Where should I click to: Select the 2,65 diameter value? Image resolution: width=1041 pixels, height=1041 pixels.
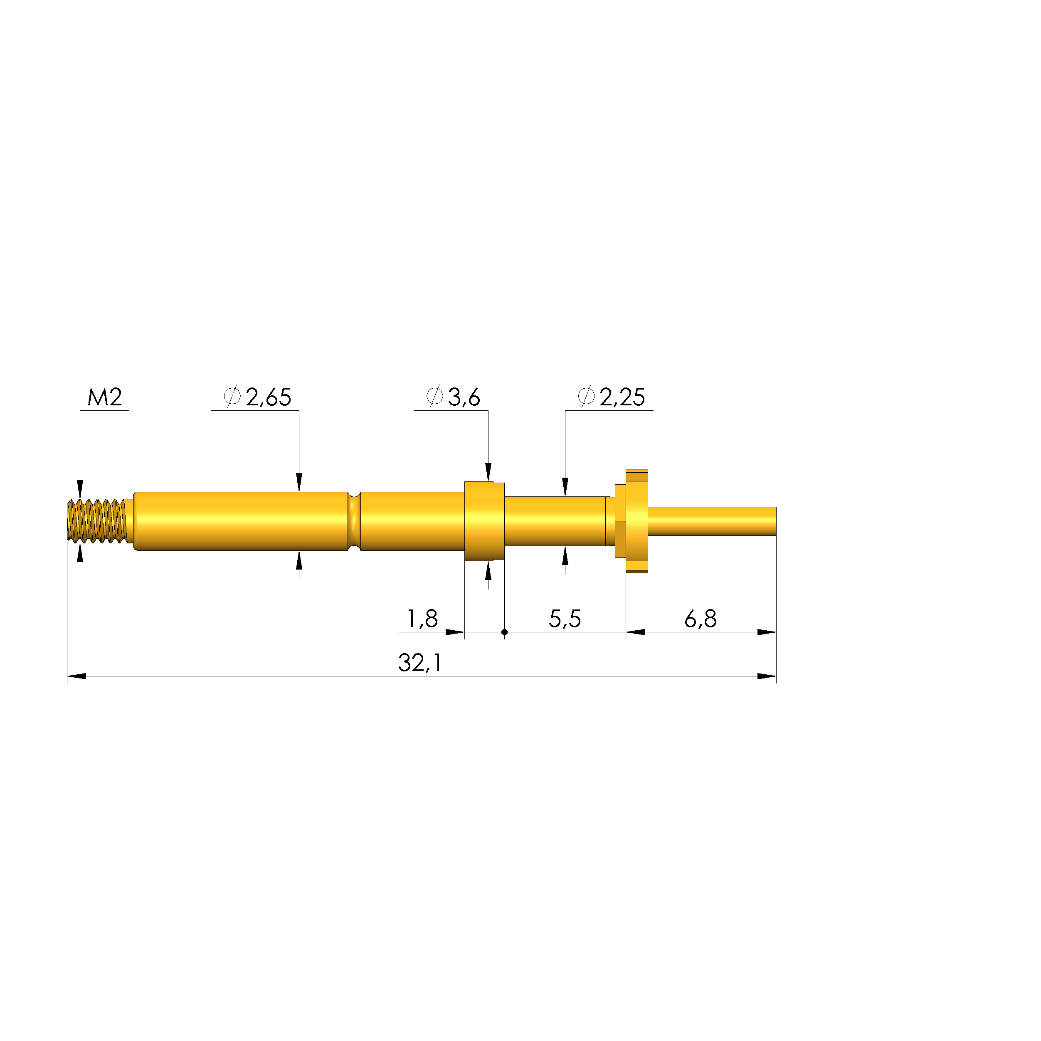[x=268, y=397]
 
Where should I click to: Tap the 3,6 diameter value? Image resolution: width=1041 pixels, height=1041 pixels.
[x=464, y=397]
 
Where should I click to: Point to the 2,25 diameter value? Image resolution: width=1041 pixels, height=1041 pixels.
[x=622, y=397]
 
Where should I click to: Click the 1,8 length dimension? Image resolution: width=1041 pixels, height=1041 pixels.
[x=422, y=619]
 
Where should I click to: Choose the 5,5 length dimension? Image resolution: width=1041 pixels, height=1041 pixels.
[x=565, y=619]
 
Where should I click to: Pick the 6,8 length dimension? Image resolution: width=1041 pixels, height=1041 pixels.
[x=701, y=619]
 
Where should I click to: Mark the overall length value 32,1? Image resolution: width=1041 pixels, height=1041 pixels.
[x=420, y=663]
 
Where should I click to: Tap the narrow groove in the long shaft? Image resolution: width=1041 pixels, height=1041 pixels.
[x=354, y=521]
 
